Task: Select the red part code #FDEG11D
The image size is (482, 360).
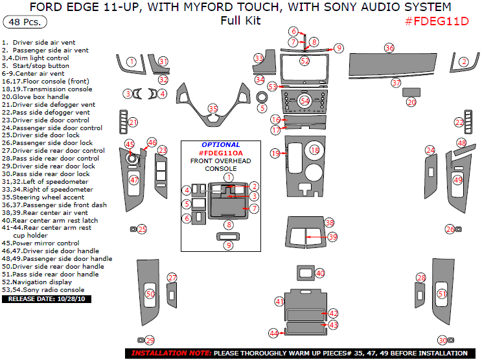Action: tap(436, 21)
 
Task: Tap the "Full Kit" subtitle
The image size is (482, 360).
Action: tap(240, 20)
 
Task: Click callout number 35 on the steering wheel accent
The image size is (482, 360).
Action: tap(212, 108)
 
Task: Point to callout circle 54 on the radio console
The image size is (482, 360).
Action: tap(304, 100)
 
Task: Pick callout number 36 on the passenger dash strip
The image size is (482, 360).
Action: tap(389, 48)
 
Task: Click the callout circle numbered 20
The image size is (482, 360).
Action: tap(411, 102)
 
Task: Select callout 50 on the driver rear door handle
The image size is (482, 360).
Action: tap(150, 294)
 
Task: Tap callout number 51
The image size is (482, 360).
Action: tap(442, 294)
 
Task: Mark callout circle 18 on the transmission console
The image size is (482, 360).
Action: tap(314, 150)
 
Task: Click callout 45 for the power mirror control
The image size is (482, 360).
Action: tap(130, 144)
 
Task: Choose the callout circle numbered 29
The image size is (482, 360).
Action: tap(150, 340)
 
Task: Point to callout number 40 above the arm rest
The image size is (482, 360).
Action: tap(319, 273)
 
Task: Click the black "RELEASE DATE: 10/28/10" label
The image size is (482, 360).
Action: tap(48, 299)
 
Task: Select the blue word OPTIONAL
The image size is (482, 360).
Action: tap(220, 144)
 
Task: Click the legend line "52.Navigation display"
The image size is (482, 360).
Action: tap(38, 282)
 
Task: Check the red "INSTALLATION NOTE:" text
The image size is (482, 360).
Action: tap(170, 354)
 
